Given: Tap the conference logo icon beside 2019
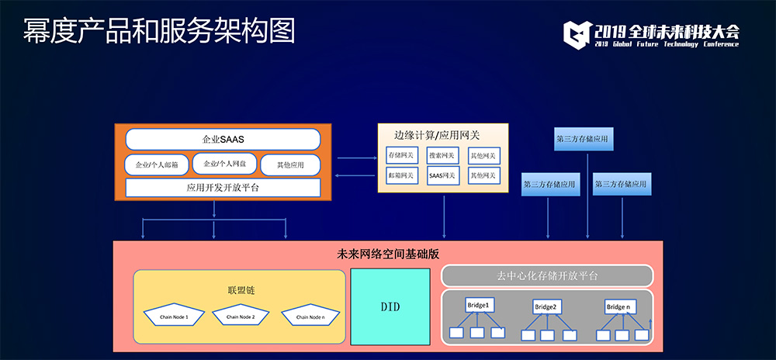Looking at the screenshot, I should tap(577, 33).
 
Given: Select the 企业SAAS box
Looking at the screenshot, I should tap(223, 139).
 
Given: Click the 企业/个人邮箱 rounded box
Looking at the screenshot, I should tap(158, 164).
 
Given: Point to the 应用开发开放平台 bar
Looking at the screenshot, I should tap(223, 188).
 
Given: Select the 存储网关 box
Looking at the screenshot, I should tap(402, 155).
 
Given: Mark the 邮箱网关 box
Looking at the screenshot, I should tap(402, 176).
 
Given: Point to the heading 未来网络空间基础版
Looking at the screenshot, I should tap(388, 254).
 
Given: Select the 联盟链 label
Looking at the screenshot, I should tap(241, 289).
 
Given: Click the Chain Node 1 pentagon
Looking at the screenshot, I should tap(175, 316).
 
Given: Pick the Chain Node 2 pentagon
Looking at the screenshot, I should tap(241, 316).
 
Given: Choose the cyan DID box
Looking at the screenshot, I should tap(390, 307).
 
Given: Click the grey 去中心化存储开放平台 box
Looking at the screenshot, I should tap(547, 276).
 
